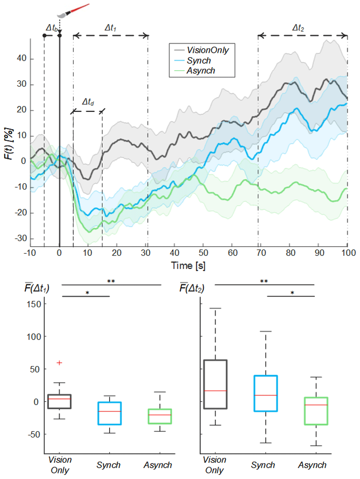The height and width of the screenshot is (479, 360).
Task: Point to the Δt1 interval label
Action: (x=110, y=28)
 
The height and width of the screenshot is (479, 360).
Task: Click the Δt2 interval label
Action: (x=298, y=28)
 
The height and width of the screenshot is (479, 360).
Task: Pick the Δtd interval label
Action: (x=88, y=102)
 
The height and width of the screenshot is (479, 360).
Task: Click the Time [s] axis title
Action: (x=188, y=266)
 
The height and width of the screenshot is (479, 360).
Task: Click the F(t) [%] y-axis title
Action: (x=9, y=144)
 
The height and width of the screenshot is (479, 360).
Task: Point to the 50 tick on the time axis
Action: (x=203, y=253)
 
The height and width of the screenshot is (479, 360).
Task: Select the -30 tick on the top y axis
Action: (x=21, y=238)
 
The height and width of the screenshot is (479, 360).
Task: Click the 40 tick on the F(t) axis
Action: (x=22, y=59)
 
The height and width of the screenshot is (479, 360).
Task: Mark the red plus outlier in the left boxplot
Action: (x=59, y=363)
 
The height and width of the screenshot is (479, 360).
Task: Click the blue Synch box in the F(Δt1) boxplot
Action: (x=109, y=413)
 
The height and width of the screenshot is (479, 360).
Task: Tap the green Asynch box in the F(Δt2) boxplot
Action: (x=316, y=411)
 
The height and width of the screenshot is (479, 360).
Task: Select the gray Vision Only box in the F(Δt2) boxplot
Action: (x=215, y=384)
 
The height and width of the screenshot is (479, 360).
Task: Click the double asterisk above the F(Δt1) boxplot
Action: (x=111, y=281)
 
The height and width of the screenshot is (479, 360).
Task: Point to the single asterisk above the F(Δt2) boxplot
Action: (x=292, y=293)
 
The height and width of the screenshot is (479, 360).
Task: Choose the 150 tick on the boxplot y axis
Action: (x=34, y=304)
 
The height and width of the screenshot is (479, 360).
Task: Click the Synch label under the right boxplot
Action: (x=263, y=465)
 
